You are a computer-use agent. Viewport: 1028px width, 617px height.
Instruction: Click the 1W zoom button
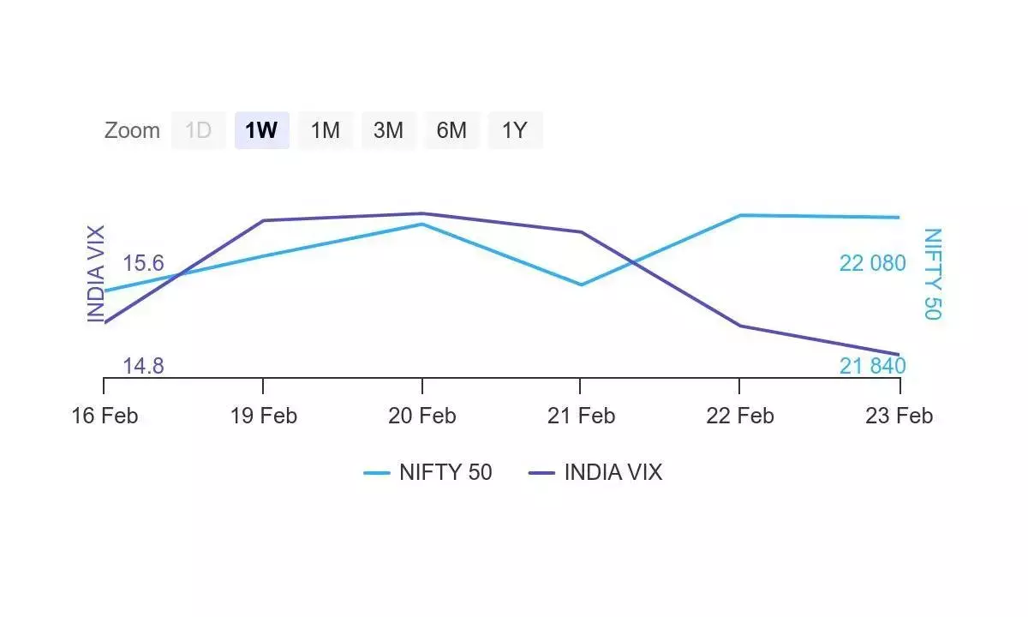261,130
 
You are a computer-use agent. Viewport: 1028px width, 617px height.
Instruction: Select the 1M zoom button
325,130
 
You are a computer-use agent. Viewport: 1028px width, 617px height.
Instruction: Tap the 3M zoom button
388,130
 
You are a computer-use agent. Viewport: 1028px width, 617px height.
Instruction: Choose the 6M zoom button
451,130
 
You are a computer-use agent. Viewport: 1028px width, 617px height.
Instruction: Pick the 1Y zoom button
515,130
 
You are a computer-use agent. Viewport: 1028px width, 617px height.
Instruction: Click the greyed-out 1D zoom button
198,130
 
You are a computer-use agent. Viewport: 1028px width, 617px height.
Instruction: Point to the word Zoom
132,130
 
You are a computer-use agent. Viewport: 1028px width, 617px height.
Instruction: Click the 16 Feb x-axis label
104,416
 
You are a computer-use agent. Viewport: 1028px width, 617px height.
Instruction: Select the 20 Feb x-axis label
421,416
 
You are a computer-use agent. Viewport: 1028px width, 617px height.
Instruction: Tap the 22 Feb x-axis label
739,416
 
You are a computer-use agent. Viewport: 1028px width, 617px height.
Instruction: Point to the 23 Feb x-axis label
899,416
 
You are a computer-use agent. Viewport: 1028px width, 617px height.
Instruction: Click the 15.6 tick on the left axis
143,263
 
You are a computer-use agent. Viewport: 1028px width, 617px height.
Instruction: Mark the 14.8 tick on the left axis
143,366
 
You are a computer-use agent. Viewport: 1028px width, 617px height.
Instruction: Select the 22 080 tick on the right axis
872,263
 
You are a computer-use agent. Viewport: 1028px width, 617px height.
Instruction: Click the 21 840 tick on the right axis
872,366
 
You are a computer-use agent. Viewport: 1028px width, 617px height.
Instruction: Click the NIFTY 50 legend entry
428,472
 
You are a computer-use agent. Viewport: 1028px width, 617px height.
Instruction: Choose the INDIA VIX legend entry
595,472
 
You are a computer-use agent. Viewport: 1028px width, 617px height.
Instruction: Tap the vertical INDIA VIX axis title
95,273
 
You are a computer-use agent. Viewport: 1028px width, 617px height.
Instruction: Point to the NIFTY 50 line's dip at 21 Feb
581,285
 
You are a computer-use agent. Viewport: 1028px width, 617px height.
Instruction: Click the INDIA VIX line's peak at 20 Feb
421,213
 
